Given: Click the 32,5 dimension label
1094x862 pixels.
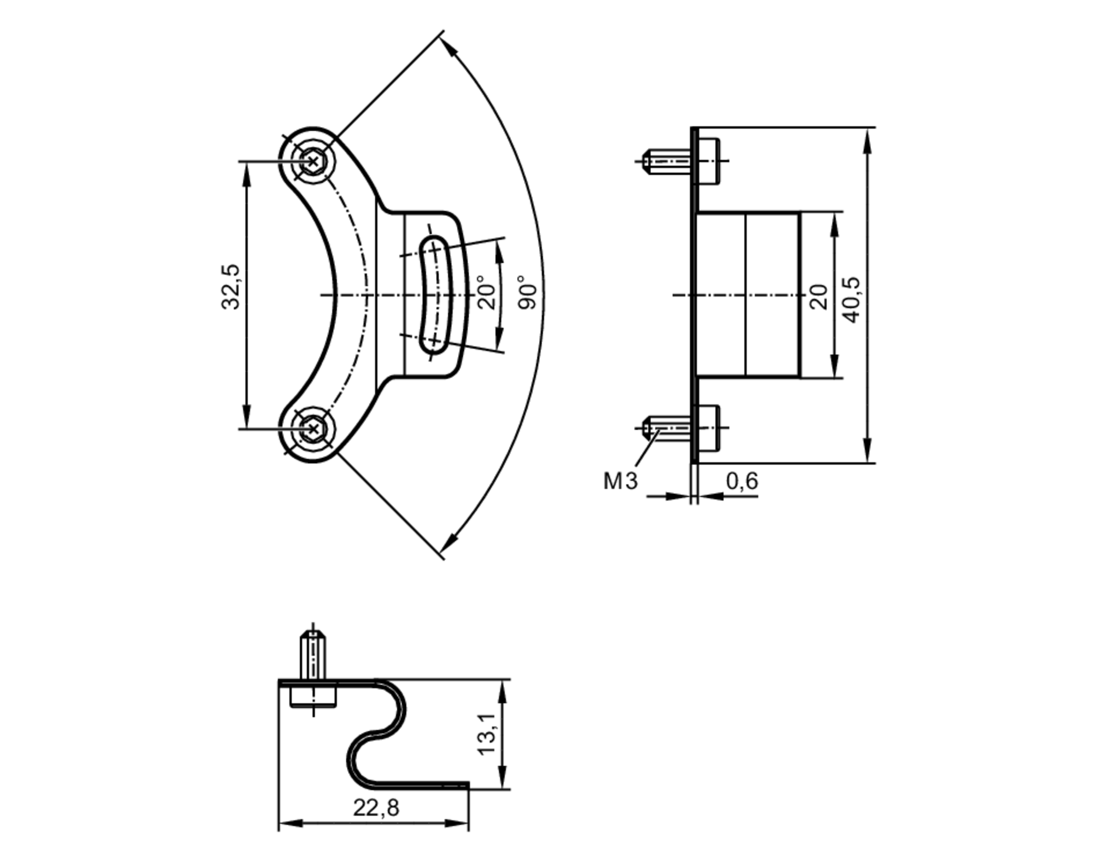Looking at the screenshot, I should point(231,287).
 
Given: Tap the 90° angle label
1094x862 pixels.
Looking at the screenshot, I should point(528,293).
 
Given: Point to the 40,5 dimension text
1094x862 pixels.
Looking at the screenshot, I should point(852,300).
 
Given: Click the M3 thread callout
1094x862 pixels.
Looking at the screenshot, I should point(620,481).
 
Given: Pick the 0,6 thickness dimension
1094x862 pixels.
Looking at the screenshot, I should point(742,481).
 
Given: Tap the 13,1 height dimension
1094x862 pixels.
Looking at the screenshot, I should point(487,733).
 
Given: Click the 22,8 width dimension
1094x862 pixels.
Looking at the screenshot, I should point(376,808).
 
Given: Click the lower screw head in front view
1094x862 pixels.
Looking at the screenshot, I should point(312,429).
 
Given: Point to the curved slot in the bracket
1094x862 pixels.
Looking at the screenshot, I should point(434,294).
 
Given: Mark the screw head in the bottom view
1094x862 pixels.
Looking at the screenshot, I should point(313,697).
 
